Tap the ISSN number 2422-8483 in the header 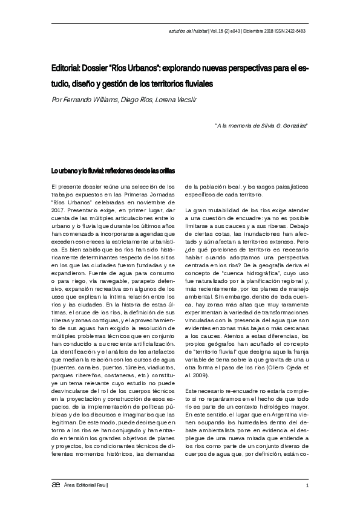click(x=294, y=31)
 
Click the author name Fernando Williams click(x=89, y=99)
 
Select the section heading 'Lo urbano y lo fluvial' click(x=83, y=170)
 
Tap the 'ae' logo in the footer click(x=56, y=484)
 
